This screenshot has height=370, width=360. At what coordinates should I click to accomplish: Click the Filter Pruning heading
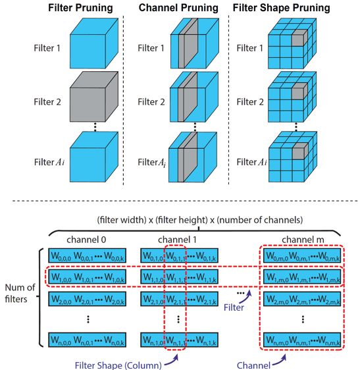tap(80, 8)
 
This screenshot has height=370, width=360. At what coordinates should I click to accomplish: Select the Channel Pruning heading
tap(178, 8)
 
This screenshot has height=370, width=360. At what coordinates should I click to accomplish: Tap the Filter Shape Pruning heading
tap(281, 8)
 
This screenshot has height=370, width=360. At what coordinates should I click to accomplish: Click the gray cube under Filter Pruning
tap(94, 97)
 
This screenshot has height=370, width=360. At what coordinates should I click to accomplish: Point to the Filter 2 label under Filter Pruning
tap(47, 102)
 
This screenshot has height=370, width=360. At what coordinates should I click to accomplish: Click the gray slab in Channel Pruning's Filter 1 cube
tap(188, 43)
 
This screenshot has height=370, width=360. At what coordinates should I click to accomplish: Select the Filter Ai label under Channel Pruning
tap(151, 163)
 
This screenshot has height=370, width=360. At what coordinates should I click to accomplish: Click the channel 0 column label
tap(86, 240)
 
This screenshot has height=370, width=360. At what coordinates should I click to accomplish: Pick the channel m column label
tap(303, 240)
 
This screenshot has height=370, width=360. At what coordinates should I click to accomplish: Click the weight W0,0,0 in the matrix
tap(61, 256)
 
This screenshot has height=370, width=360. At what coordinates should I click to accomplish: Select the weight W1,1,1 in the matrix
tap(176, 277)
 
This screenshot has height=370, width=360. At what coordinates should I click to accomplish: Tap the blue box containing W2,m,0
tap(302, 299)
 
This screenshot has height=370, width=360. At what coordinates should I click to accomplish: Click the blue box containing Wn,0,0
tap(87, 340)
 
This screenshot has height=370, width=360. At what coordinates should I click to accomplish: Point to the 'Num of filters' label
tap(20, 294)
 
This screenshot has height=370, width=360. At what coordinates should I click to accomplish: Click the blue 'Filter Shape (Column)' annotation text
tap(118, 365)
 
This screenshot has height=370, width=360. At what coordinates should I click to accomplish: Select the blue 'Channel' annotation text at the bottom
tap(253, 365)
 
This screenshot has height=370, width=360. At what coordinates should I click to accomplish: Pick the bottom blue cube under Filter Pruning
tap(94, 157)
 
